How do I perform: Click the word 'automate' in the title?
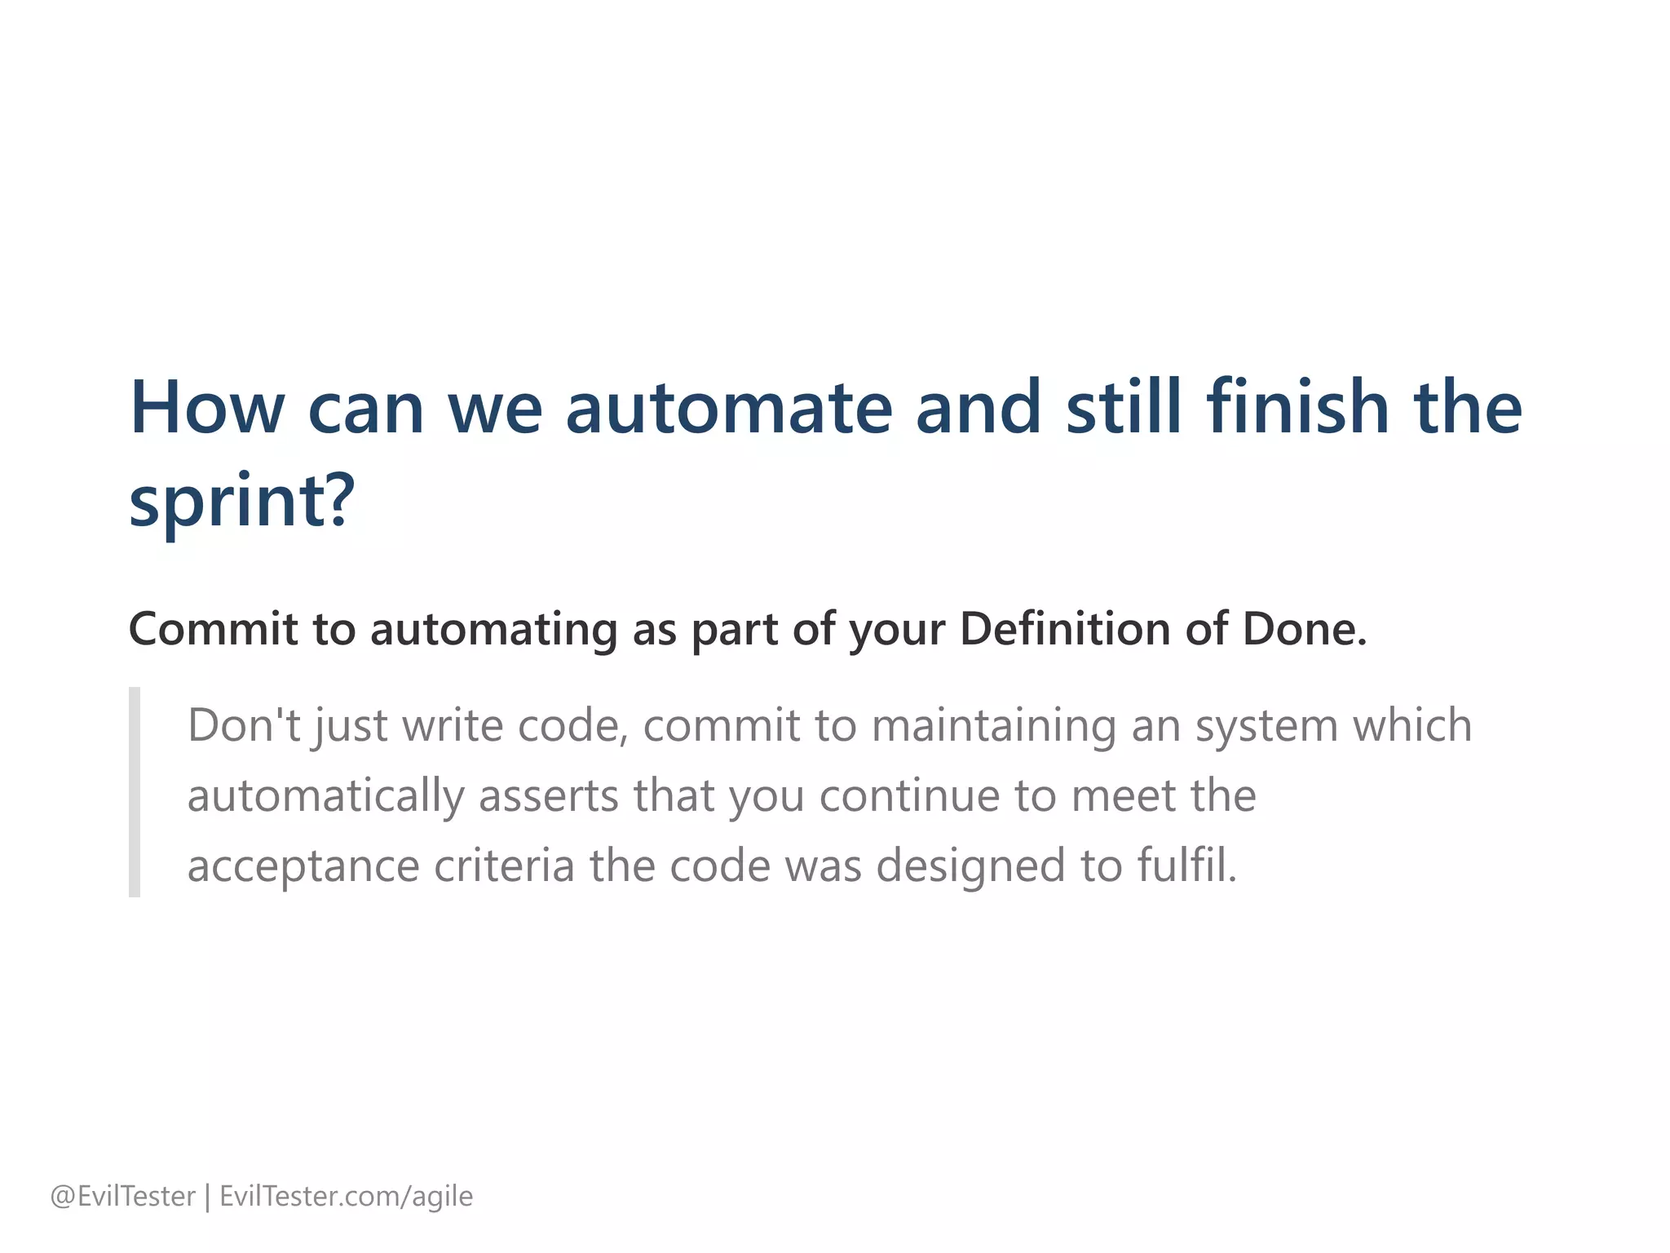click(x=728, y=408)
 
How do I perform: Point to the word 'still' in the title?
click(x=1124, y=408)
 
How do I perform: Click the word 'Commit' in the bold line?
click(x=213, y=630)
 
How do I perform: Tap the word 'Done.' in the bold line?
click(x=1304, y=630)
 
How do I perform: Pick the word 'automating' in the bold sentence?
click(x=494, y=630)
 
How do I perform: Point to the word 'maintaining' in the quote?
click(x=993, y=725)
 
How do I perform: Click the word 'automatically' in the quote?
click(x=325, y=796)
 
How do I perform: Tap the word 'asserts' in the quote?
click(x=548, y=796)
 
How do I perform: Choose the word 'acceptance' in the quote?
click(x=303, y=866)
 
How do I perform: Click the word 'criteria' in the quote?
click(x=504, y=866)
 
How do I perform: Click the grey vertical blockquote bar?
click(x=135, y=792)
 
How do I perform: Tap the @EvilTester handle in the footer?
click(x=123, y=1197)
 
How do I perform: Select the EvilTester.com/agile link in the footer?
click(x=347, y=1197)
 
